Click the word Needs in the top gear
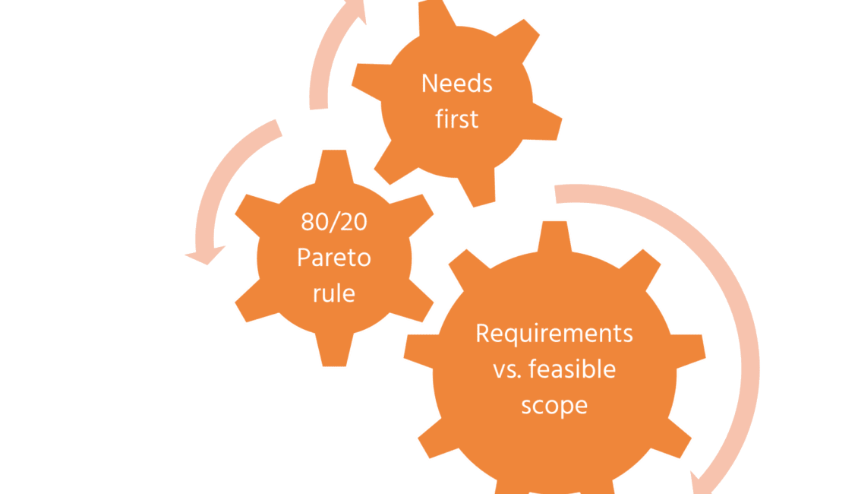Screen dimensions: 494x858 [x=457, y=83]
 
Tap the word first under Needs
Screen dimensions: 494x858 [x=457, y=119]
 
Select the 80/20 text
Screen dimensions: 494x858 [x=334, y=223]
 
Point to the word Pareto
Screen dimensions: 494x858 [x=334, y=258]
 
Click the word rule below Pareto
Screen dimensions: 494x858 [x=334, y=293]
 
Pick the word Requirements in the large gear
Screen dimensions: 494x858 [x=554, y=334]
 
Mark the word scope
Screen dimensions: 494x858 [x=554, y=404]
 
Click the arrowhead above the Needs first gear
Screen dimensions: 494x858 [x=355, y=11]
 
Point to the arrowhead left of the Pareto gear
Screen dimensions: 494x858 [x=207, y=255]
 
